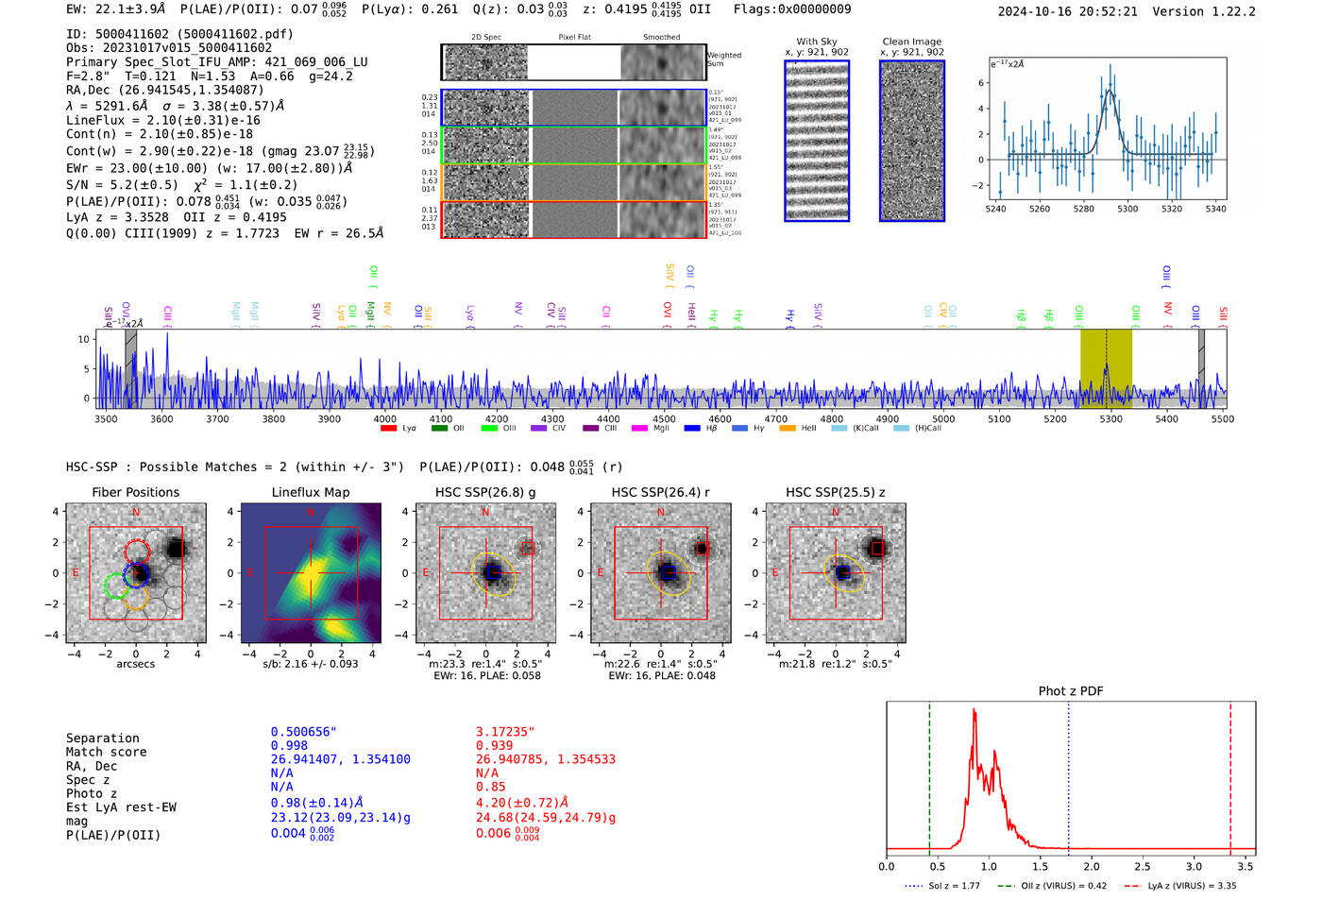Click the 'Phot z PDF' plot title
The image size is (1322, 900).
[x=1071, y=691]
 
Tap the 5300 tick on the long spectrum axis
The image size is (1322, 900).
[x=1111, y=419]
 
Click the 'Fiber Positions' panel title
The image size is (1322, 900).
[x=135, y=493]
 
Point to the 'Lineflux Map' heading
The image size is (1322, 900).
[x=310, y=493]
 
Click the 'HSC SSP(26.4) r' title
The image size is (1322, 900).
[x=660, y=493]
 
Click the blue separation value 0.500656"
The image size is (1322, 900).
[x=303, y=732]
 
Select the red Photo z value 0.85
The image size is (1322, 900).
[x=490, y=787]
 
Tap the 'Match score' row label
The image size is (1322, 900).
[x=106, y=753]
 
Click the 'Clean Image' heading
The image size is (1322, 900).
[x=911, y=42]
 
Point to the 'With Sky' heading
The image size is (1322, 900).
[x=816, y=42]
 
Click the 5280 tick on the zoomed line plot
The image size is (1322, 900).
[x=1083, y=209]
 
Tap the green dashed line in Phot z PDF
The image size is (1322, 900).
[x=929, y=774]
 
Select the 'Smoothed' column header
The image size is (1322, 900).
[x=661, y=38]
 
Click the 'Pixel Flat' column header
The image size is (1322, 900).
[x=574, y=38]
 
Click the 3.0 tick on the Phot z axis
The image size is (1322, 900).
[x=1194, y=866]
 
